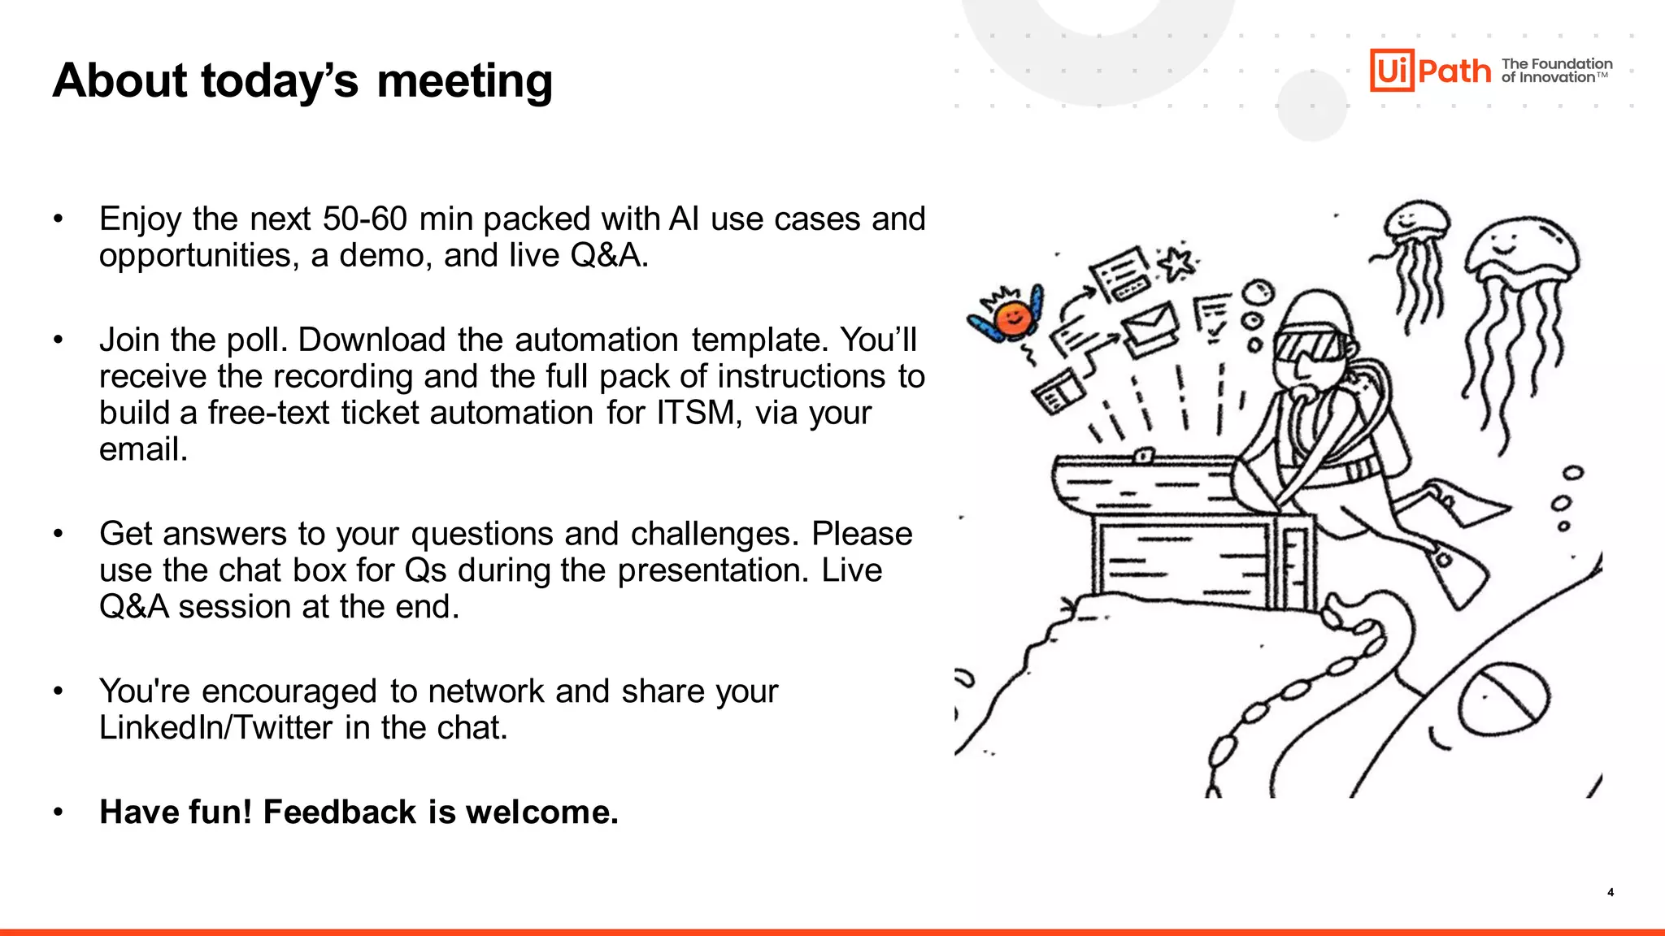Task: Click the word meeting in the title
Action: [x=464, y=82]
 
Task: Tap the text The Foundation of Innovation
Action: [x=1556, y=71]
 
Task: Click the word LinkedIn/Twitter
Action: [x=215, y=728]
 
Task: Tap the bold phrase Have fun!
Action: [x=176, y=812]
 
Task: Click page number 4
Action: [x=1611, y=892]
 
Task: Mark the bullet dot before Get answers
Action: [x=58, y=534]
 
